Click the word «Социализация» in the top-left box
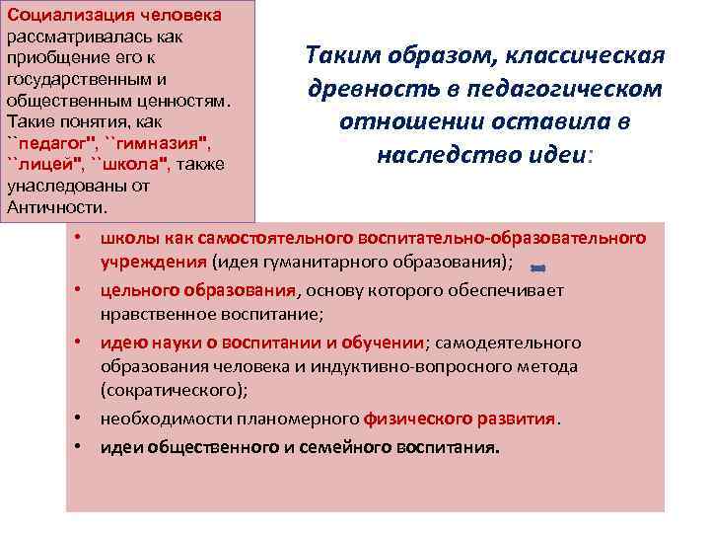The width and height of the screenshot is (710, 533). pos(58,16)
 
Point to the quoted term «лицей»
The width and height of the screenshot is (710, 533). pos(44,164)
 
